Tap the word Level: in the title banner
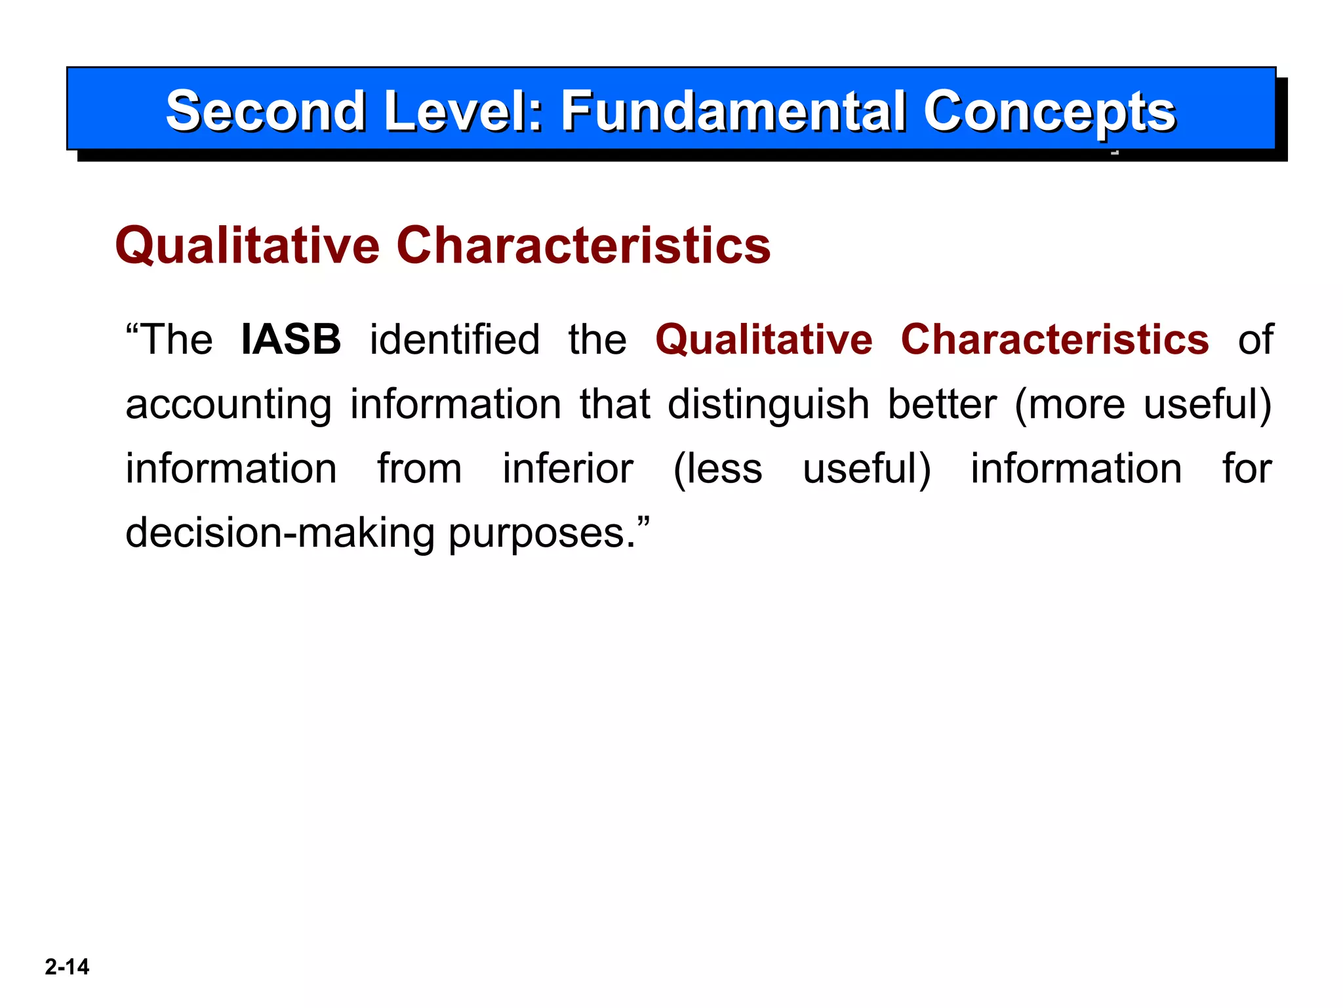tap(464, 111)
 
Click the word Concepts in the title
tap(1049, 112)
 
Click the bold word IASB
tap(291, 339)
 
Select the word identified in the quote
tap(454, 339)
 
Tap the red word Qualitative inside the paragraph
tap(764, 340)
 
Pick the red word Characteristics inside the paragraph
tap(1054, 339)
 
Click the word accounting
tap(228, 405)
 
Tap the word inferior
tap(568, 469)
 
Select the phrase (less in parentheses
tap(718, 469)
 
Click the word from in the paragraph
tap(420, 469)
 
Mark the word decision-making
tap(280, 533)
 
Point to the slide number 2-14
tap(67, 967)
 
